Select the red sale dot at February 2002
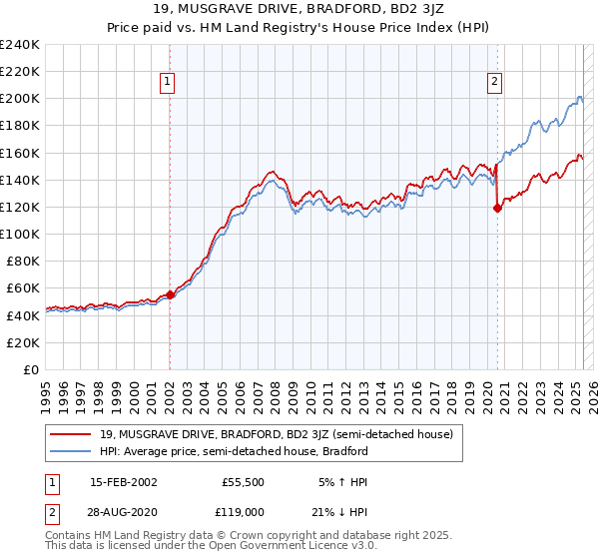170,294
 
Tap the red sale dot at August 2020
497,209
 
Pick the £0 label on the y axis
30,369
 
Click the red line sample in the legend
71,434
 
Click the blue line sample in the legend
71,451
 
